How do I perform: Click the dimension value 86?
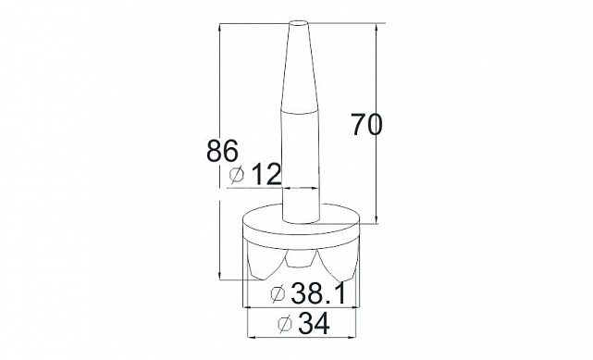tap(222, 151)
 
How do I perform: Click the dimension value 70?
tap(366, 124)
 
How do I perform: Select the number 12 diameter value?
tap(266, 174)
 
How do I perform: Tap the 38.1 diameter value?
tap(318, 292)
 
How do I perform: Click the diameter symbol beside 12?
tap(237, 174)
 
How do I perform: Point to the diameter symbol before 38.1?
tap(278, 293)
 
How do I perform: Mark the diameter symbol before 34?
tap(285, 324)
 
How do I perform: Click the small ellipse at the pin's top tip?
tap(299, 23)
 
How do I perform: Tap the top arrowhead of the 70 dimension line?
tap(377, 28)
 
